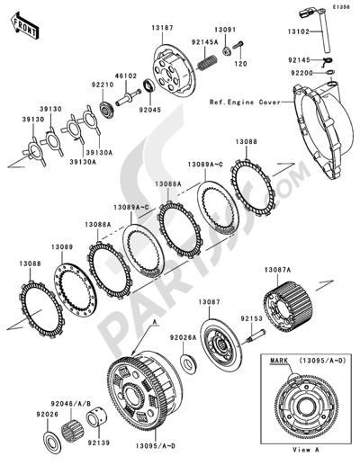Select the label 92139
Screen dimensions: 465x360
point(101,443)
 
